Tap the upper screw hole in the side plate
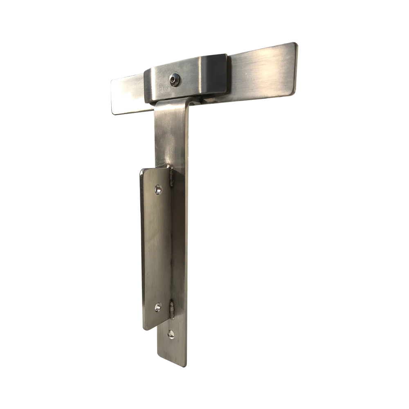click(x=158, y=189)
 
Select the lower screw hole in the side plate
click(x=158, y=307)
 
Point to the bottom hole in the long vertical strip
click(x=171, y=334)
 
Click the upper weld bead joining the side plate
click(x=171, y=178)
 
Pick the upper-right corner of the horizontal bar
click(x=295, y=44)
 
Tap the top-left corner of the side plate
click(x=142, y=170)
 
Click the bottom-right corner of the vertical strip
click(x=187, y=365)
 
